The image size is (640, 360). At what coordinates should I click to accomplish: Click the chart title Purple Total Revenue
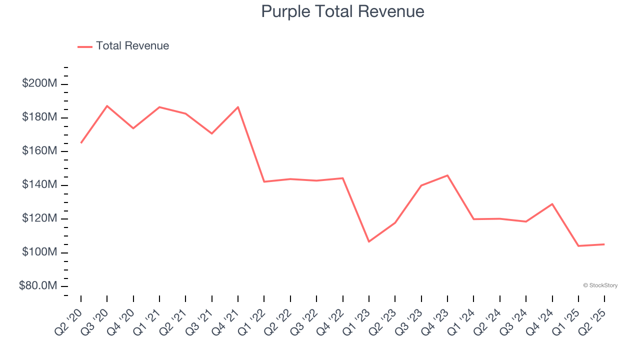(342, 11)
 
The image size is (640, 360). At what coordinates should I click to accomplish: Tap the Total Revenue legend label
(132, 46)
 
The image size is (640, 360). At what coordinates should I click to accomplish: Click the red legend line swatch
(85, 46)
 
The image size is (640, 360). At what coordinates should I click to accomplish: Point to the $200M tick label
(39, 83)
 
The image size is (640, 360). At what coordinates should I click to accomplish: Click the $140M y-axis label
(39, 184)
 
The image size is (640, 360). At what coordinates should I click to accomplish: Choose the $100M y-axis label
(39, 252)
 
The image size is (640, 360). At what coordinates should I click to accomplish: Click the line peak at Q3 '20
(107, 106)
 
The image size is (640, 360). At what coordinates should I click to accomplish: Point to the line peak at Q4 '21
(238, 107)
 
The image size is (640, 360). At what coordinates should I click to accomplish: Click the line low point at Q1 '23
(369, 241)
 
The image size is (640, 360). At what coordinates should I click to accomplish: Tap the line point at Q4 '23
(447, 175)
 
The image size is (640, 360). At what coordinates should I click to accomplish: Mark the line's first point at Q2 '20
(81, 142)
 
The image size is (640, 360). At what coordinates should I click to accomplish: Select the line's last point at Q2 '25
(604, 244)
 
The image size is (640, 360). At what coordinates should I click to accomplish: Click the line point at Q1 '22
(264, 181)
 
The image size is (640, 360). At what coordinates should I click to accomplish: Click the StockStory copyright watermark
(600, 285)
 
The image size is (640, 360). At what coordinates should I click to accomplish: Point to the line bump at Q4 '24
(552, 204)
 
